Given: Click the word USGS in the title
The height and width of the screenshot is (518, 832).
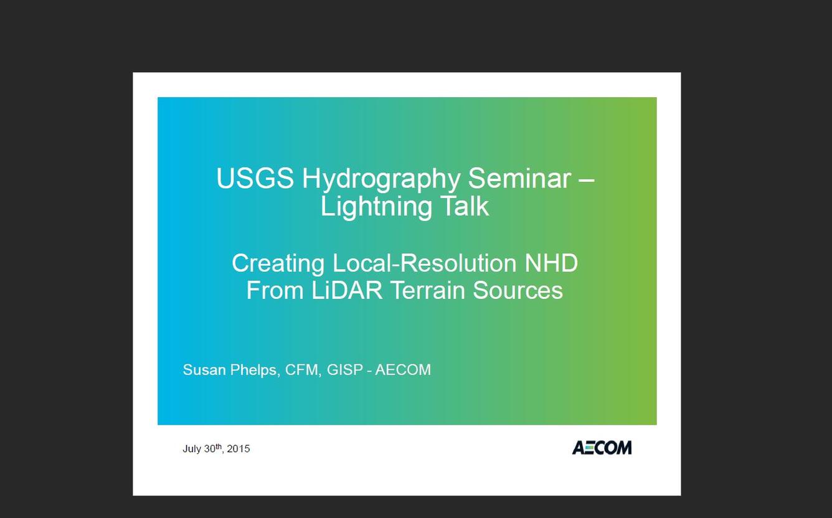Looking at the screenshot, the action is coord(255,178).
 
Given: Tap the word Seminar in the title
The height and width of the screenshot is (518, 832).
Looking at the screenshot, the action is coord(519,178).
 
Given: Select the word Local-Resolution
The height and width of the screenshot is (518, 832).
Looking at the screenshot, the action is coord(424,263).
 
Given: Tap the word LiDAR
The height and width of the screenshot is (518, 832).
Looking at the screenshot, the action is coord(346,290).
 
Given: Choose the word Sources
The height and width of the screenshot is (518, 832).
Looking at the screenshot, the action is coord(518,290).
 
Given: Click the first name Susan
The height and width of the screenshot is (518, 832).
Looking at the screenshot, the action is coord(204,370).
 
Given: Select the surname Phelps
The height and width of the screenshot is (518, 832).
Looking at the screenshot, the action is coord(255,370).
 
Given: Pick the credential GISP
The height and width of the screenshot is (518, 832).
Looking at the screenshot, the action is coord(344,370).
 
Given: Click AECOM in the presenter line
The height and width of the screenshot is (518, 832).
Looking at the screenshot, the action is coord(403,370).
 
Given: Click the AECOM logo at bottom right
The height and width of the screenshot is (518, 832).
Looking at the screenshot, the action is coord(602,448).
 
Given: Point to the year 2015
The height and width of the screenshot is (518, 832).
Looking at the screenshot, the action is coord(238,448).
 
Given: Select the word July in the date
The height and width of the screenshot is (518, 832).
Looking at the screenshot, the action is coord(192,449).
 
